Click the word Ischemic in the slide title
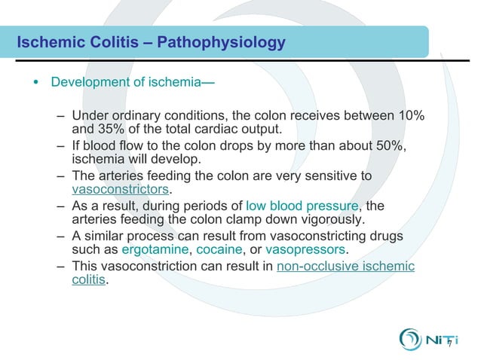(47, 42)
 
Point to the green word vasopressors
(306, 249)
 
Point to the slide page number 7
(449, 345)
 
